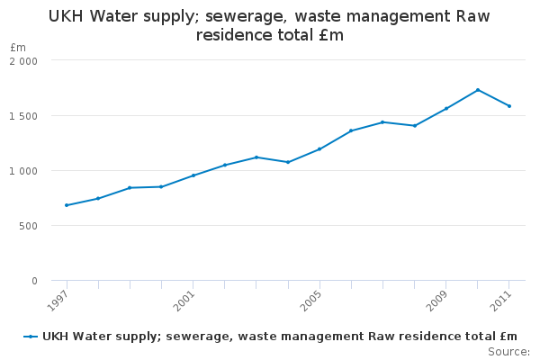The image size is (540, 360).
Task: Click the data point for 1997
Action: [x=67, y=205]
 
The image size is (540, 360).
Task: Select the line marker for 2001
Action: [x=193, y=175]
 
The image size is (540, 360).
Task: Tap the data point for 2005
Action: [x=319, y=149]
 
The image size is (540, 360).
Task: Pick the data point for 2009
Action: [x=446, y=109]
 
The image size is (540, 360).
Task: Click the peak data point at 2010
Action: [x=478, y=90]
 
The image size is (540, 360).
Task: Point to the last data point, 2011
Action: [x=509, y=106]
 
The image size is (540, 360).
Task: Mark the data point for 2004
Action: [x=288, y=162]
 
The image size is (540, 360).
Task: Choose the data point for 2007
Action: [x=382, y=122]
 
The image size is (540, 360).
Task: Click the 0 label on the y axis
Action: [x=34, y=281]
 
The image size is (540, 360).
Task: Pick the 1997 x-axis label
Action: [x=58, y=300]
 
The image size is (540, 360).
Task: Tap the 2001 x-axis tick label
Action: [x=184, y=300]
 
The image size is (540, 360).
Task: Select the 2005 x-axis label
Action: [x=310, y=300]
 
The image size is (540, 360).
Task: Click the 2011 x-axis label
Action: [x=500, y=300]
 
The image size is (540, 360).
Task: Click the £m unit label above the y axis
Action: [x=18, y=48]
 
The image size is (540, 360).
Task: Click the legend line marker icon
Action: [x=31, y=337]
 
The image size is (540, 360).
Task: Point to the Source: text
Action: [x=508, y=351]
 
